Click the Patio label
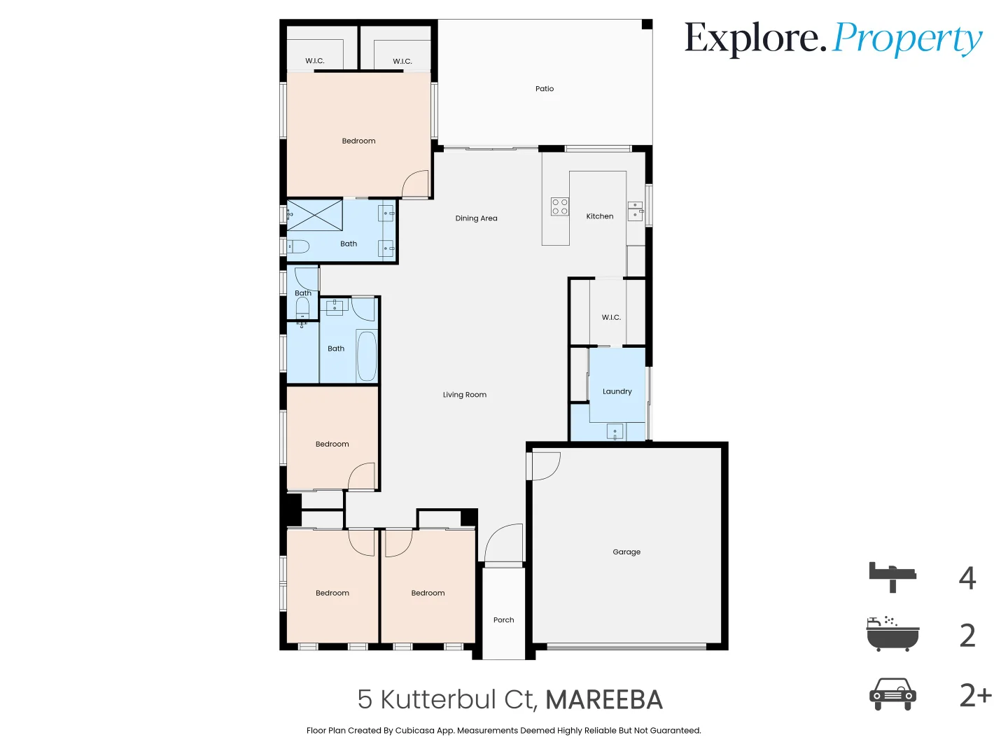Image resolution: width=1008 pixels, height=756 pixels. [x=545, y=89]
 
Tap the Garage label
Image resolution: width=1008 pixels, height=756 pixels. [x=626, y=552]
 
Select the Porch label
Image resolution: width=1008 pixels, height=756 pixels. [x=503, y=619]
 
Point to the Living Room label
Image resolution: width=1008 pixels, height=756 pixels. [x=464, y=395]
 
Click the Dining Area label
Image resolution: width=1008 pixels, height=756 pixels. [x=476, y=218]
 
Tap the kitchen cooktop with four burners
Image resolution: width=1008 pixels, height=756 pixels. [x=560, y=206]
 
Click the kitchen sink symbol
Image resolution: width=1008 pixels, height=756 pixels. [x=636, y=211]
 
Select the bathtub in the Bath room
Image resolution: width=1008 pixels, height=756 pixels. [x=367, y=356]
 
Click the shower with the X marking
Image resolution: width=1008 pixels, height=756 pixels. [x=315, y=215]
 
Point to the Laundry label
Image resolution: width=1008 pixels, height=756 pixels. [x=617, y=391]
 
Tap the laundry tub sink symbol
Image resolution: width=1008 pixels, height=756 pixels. [x=615, y=431]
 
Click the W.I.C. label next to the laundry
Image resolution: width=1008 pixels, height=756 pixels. [x=611, y=317]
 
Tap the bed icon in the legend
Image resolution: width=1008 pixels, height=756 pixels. [x=892, y=577]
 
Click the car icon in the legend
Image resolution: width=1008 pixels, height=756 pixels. [x=892, y=694]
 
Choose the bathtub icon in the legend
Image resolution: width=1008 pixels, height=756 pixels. [x=892, y=634]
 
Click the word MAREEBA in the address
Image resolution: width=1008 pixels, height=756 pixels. [x=603, y=699]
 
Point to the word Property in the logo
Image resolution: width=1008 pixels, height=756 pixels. [x=908, y=39]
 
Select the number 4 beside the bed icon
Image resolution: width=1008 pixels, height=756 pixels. [x=967, y=577]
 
